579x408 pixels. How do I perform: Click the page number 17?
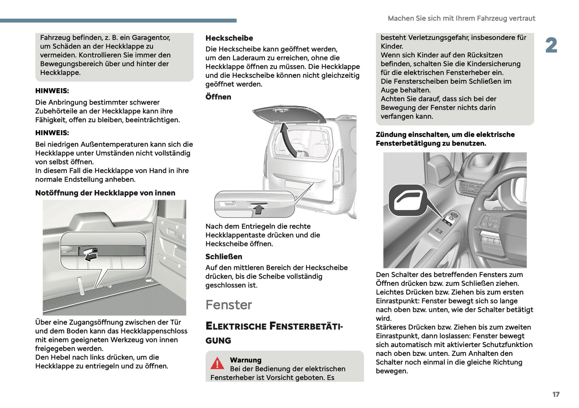(x=556, y=394)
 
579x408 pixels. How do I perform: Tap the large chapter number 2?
(x=551, y=45)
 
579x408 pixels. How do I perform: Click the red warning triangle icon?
(x=217, y=363)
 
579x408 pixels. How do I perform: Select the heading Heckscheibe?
(x=229, y=38)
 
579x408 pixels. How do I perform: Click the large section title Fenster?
(x=228, y=305)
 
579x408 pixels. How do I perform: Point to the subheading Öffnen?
(x=218, y=97)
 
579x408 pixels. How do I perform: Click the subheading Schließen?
(x=224, y=257)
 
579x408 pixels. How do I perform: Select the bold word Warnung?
(x=245, y=360)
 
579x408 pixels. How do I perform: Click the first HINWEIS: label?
(x=52, y=91)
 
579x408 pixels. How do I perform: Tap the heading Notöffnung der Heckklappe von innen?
(x=105, y=193)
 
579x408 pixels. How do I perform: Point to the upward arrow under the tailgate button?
(x=259, y=209)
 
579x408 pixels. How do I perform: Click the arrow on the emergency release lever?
(x=91, y=255)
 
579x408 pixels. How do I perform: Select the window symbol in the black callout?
(x=408, y=200)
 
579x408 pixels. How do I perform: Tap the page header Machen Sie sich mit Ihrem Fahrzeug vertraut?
(x=461, y=18)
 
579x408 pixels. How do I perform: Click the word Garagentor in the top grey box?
(x=150, y=38)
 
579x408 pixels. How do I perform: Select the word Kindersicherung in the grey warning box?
(x=495, y=64)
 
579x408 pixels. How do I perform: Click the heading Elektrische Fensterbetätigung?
(x=274, y=333)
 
